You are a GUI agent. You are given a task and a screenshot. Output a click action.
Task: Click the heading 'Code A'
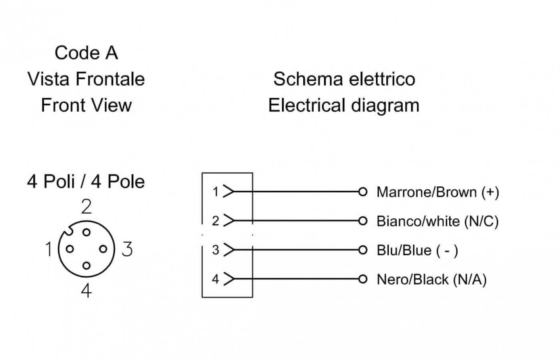86,53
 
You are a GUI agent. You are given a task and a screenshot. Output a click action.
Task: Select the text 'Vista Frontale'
86,79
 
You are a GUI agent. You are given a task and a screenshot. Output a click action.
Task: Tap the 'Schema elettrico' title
344,79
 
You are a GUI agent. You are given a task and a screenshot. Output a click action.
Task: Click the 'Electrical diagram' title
344,105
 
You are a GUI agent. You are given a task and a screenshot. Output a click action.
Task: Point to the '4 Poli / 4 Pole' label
86,182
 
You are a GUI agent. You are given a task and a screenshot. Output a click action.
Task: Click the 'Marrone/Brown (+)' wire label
438,192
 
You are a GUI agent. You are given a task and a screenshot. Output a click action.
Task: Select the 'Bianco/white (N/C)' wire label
438,221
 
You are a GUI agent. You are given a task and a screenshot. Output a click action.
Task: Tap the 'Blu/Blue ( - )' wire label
417,250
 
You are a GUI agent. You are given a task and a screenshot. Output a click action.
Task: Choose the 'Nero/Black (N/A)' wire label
432,279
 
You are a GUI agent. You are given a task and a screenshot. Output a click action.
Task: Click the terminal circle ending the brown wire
363,192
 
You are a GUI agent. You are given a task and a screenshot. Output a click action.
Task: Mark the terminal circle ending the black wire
363,279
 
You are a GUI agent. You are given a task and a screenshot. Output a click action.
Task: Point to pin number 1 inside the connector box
216,192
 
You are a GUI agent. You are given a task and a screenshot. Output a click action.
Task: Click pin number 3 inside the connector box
216,250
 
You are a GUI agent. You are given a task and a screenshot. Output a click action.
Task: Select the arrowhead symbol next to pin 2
228,220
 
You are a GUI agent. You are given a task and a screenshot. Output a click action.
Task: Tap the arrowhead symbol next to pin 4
228,278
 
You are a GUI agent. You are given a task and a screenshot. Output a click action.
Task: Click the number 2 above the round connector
86,207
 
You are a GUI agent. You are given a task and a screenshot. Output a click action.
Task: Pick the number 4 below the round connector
86,290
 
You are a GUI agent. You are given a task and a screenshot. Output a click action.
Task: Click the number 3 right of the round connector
127,249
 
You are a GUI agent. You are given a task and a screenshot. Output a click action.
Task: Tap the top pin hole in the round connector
86,232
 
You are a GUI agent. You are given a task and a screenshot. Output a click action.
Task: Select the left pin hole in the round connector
70,249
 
